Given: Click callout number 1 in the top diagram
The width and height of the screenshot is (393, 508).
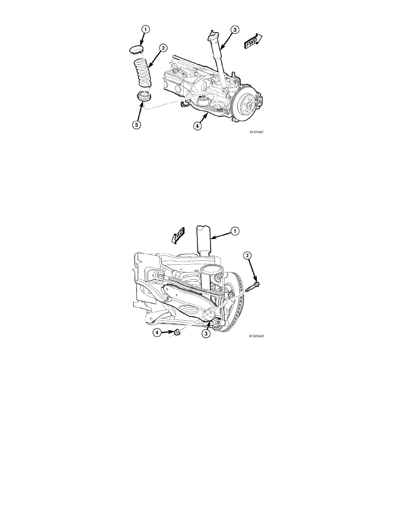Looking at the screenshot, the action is tap(146, 30).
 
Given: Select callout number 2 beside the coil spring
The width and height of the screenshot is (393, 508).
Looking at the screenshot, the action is tap(163, 48).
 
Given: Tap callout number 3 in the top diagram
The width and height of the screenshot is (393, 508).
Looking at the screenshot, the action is tap(235, 30).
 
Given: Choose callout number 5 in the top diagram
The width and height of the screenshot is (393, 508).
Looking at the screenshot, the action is tap(137, 125).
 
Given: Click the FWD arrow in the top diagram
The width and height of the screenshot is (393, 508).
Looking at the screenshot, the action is tap(253, 41).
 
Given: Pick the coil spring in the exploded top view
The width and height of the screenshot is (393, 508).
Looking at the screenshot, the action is tap(143, 72).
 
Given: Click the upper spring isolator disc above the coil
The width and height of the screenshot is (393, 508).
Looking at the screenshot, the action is tap(136, 50).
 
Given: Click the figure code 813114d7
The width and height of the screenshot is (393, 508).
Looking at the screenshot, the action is tap(257, 132).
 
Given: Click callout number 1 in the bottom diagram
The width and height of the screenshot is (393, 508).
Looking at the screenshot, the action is tap(235, 231).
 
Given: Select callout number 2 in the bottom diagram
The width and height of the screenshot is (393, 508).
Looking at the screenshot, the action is tap(247, 256).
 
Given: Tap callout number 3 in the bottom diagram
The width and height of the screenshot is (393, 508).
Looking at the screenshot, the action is tap(205, 334).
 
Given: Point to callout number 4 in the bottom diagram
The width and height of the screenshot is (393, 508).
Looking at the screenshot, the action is tap(157, 332).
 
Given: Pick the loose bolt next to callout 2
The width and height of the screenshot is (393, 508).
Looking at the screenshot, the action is tap(252, 287).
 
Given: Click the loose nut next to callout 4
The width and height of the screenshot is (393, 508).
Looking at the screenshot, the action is tap(177, 332).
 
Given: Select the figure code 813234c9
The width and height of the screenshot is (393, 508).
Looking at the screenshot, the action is tap(256, 336).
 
